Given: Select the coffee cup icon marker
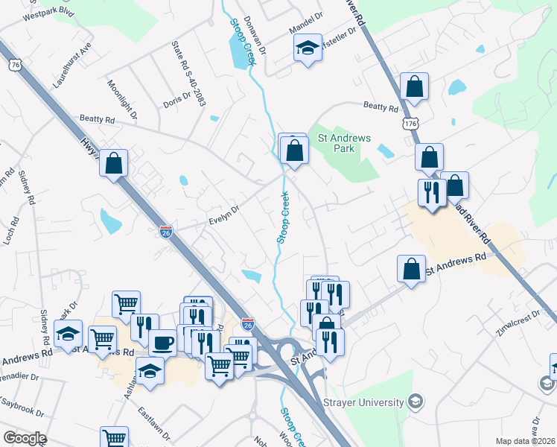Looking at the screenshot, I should coord(162,343).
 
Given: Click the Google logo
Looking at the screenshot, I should coord(25,438).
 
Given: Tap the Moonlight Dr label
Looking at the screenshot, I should coord(122,100).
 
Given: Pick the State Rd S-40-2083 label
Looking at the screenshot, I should coord(188,74).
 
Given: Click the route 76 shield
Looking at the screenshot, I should coord(16,66).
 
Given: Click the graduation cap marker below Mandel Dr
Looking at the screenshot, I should coord(307,49).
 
